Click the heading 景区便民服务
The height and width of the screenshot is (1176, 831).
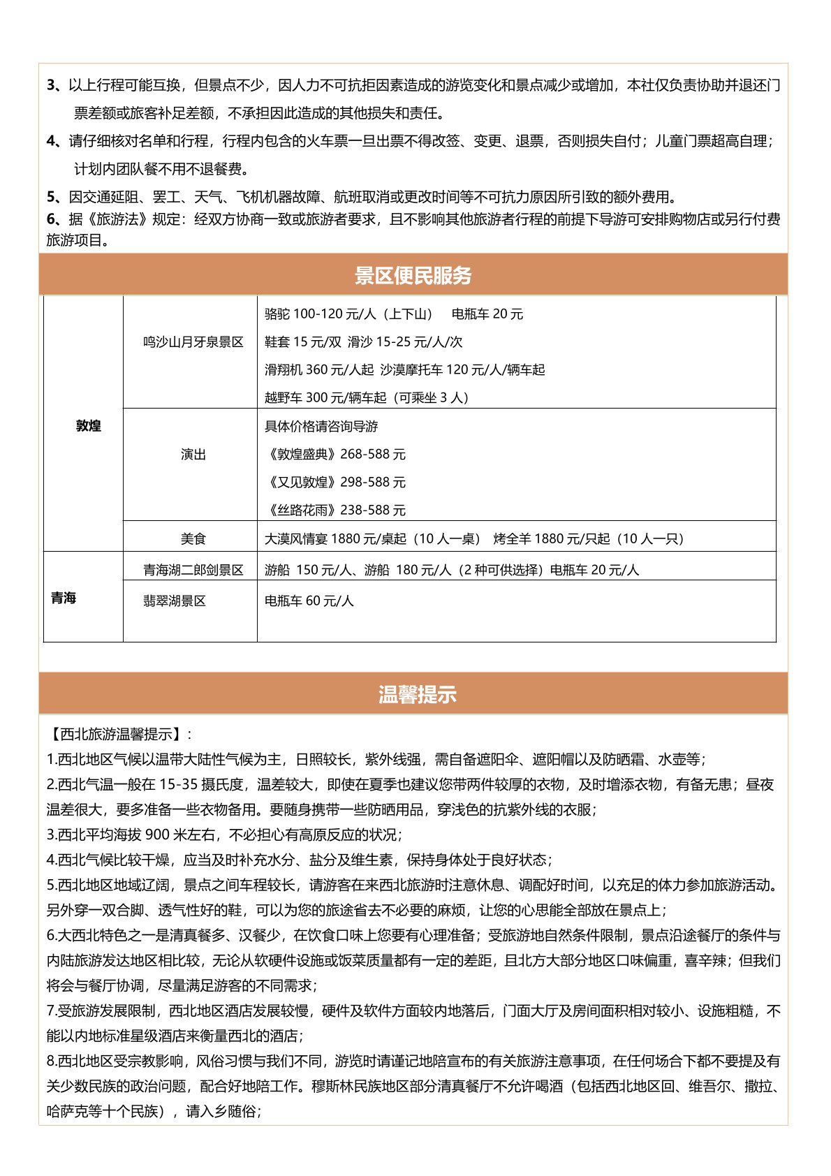413,275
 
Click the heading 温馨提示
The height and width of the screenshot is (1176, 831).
417,694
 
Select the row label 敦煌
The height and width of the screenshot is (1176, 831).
89,426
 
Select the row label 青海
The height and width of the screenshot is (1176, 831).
64,598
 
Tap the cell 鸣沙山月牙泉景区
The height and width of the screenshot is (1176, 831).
193,342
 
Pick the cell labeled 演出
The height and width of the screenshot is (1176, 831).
193,455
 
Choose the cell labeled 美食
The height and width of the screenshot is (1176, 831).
193,538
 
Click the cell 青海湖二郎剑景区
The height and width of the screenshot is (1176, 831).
193,570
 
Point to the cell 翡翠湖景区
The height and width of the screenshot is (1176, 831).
175,601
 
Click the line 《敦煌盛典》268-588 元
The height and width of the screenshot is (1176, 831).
335,454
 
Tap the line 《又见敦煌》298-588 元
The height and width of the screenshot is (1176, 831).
335,482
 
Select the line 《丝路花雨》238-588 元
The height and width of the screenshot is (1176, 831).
335,510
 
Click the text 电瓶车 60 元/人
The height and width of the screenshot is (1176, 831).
309,601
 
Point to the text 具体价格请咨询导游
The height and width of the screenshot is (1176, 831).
321,426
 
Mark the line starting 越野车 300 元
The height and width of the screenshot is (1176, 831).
367,397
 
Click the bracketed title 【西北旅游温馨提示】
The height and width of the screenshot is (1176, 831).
116,734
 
